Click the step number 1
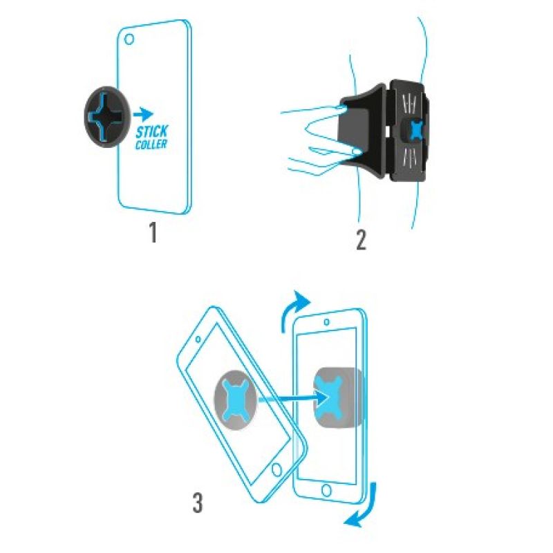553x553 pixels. (x=153, y=233)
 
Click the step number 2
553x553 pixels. (x=361, y=241)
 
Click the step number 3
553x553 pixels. (x=198, y=503)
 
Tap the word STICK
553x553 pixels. (x=152, y=131)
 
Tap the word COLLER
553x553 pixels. (x=151, y=144)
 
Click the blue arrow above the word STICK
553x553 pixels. (x=143, y=114)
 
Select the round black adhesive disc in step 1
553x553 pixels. (x=106, y=116)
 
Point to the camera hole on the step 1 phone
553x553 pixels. (x=129, y=39)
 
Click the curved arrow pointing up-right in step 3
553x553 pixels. (x=292, y=307)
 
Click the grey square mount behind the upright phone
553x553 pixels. (x=338, y=397)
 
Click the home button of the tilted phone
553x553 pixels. (x=277, y=470)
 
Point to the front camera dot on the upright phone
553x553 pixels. (x=326, y=321)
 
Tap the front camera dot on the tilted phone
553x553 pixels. (x=198, y=339)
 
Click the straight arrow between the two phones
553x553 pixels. (x=293, y=398)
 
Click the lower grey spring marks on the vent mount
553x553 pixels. (x=409, y=155)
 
